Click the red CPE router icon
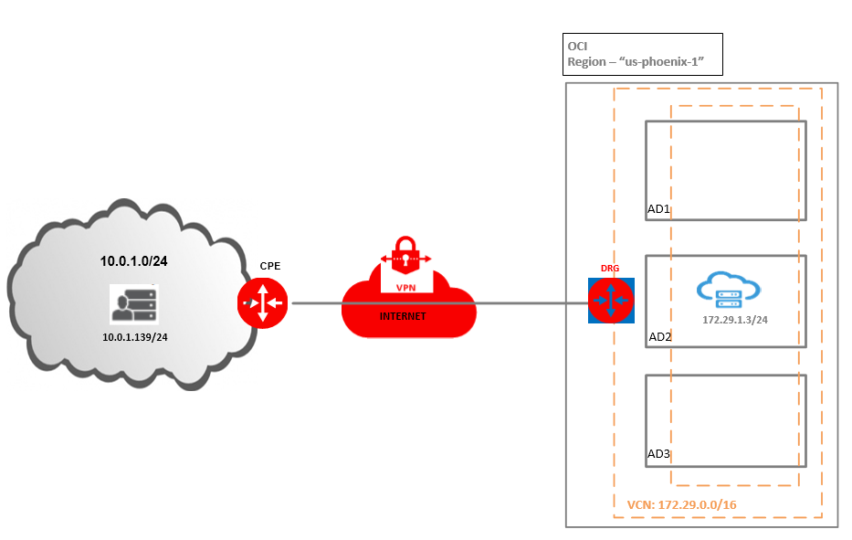point(263,302)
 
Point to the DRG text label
point(610,268)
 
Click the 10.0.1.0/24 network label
point(133,261)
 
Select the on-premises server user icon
point(133,303)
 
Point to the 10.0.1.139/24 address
point(133,337)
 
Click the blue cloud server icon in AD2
point(727,290)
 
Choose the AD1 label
point(658,210)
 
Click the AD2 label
point(659,337)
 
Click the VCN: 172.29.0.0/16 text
point(683,504)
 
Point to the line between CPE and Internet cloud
point(315,303)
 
